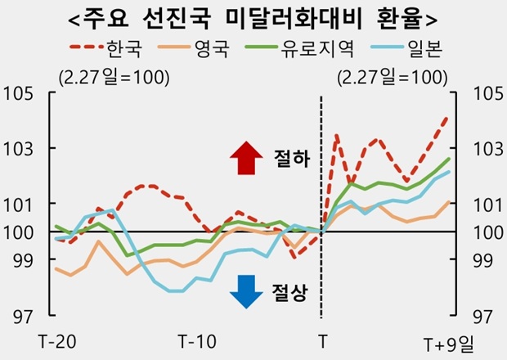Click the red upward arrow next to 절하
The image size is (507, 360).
coord(244,158)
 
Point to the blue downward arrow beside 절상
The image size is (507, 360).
coord(244,291)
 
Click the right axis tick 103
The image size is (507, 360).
coord(487,148)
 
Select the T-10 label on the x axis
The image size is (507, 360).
coord(198,339)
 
